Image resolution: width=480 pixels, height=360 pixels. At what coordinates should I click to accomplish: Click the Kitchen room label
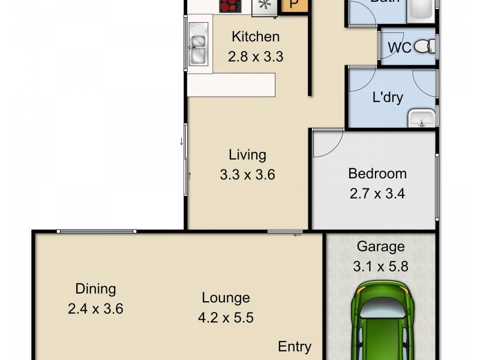256,37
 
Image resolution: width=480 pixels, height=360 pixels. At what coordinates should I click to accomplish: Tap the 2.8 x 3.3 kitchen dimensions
256,57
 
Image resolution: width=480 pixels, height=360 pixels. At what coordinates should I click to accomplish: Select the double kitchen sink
197,47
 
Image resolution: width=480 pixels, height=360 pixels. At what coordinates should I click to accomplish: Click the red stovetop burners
230,6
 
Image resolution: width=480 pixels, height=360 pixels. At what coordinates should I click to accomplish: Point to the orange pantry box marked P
293,5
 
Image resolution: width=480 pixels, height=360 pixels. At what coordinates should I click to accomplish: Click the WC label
400,47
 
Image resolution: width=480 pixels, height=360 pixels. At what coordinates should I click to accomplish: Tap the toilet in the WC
426,45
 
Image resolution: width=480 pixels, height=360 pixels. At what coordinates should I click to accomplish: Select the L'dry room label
388,97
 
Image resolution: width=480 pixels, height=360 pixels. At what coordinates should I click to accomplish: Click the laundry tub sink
422,119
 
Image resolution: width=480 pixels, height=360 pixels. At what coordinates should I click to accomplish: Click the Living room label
247,155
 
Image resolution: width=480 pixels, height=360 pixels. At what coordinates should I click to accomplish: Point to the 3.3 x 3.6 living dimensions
247,175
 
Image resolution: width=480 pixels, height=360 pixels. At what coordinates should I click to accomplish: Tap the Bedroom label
377,174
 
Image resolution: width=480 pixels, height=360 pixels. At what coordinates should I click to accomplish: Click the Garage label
381,246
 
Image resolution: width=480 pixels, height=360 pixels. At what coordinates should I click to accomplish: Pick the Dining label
95,289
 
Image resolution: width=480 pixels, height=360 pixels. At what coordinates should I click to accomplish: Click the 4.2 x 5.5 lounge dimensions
226,317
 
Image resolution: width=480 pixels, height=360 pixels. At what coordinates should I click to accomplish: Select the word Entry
295,346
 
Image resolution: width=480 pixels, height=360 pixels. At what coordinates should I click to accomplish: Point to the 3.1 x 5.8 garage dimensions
381,266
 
